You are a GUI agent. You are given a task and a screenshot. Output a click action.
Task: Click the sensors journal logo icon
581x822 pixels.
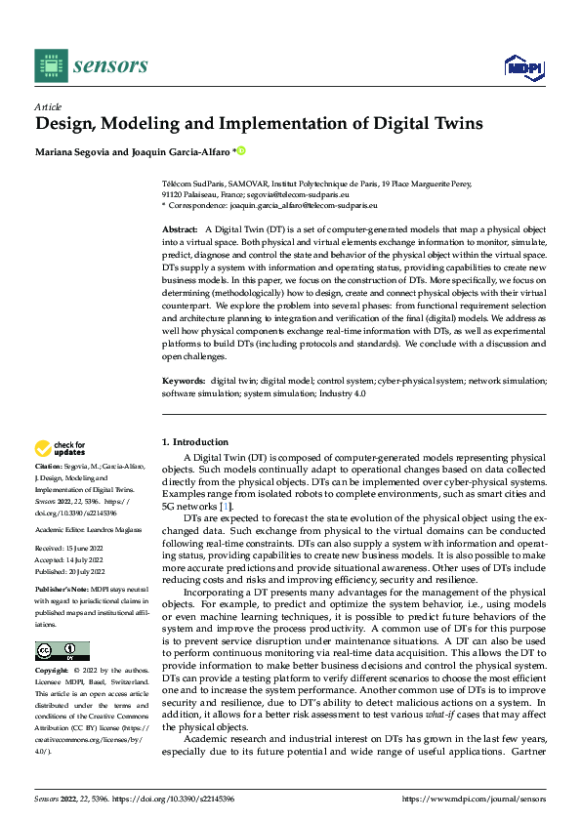(51, 65)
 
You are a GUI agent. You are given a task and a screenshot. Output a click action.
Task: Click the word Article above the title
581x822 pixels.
(48, 106)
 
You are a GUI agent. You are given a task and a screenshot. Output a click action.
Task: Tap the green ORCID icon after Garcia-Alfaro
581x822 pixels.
(241, 151)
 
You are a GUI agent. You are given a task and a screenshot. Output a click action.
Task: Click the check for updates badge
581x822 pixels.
(61, 448)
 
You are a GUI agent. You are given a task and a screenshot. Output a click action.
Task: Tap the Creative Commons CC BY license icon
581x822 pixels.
(62, 651)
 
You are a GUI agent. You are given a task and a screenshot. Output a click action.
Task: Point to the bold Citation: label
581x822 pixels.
(50, 467)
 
